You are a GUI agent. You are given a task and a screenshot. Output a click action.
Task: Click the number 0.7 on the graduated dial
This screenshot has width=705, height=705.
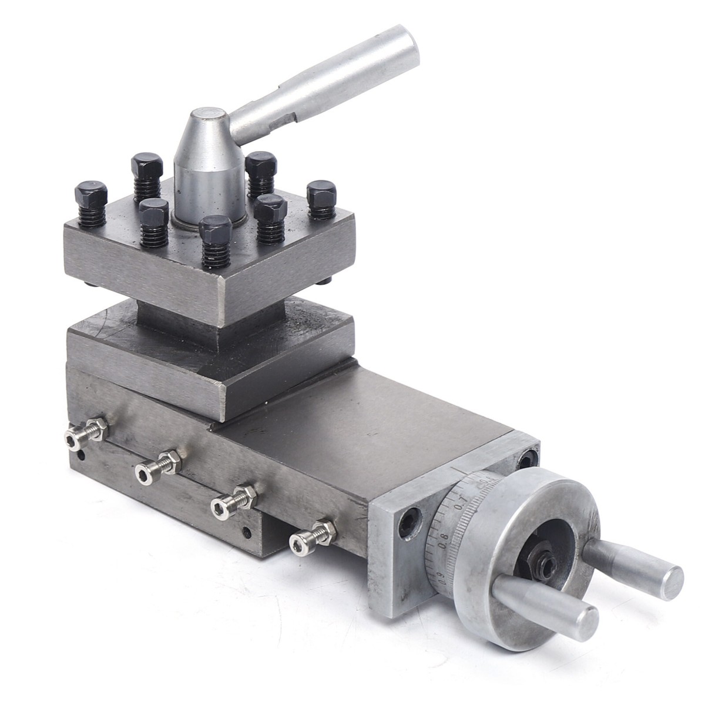pyautogui.click(x=459, y=500)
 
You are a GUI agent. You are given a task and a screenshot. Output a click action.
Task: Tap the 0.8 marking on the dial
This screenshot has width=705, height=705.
pyautogui.click(x=442, y=535)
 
